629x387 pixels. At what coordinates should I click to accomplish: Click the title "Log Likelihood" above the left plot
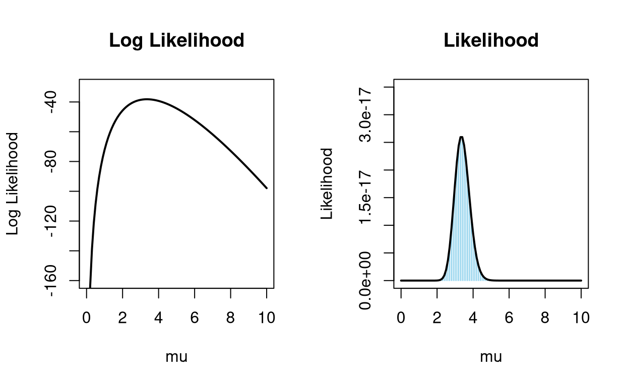176,41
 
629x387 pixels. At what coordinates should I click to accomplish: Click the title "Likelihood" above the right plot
491,41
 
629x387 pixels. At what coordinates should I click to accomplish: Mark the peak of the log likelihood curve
147,99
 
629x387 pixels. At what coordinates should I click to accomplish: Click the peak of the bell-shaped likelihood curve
461,137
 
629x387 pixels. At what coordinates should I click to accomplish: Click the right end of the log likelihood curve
267,188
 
